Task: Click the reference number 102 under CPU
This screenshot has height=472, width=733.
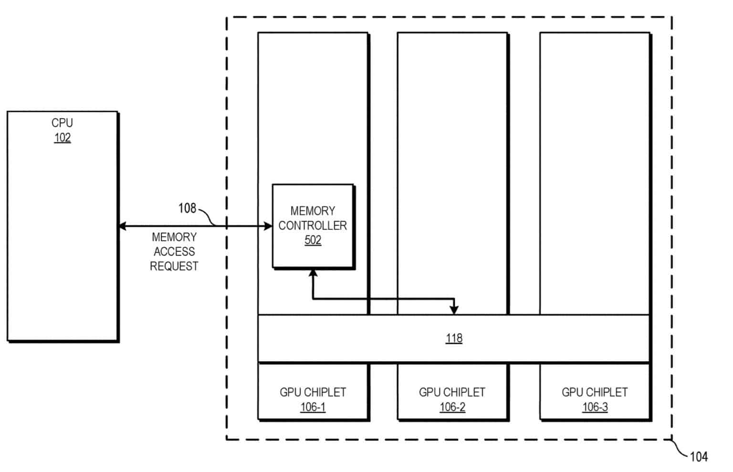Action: (62, 138)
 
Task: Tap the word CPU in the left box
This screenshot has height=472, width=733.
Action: (62, 123)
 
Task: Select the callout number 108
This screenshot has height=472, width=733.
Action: (187, 208)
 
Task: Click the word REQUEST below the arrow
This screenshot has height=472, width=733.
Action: (174, 266)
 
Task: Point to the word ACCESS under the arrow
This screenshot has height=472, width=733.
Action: (174, 252)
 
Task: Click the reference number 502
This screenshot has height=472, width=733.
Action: (313, 240)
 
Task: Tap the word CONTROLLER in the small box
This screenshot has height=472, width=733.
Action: (313, 225)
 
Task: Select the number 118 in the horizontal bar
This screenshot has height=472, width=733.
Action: (454, 338)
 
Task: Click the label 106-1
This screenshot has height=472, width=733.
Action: (313, 407)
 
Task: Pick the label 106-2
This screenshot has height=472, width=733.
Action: (452, 407)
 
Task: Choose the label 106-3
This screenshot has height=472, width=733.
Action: (595, 407)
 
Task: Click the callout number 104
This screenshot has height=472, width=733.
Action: (699, 457)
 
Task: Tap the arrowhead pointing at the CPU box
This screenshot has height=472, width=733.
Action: (122, 226)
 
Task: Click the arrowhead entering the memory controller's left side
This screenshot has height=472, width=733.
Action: (268, 226)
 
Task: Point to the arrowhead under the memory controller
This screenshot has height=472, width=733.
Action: (313, 273)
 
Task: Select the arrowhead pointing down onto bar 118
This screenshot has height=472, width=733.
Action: (454, 310)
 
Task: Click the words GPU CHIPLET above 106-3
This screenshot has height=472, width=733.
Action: (595, 392)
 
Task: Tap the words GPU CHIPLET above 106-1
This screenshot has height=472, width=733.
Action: (313, 392)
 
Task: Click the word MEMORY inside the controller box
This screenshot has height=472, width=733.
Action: (313, 211)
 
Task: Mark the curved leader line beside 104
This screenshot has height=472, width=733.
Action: (680, 448)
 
